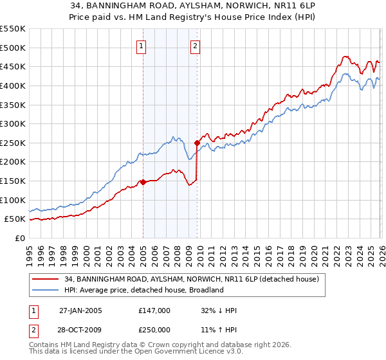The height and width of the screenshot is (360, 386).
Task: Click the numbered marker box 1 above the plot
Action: [141, 46]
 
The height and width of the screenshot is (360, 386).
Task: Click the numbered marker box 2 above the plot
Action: [194, 46]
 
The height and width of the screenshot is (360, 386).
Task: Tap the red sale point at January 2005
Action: [143, 182]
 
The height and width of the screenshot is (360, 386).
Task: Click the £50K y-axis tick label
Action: [15, 219]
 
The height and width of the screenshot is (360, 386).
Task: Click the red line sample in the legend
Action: [46, 279]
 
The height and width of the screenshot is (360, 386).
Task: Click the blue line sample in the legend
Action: [46, 290]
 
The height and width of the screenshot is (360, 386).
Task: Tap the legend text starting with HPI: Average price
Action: [143, 290]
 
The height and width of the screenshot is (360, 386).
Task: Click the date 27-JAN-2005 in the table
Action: [80, 310]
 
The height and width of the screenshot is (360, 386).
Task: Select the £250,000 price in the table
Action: [154, 329]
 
